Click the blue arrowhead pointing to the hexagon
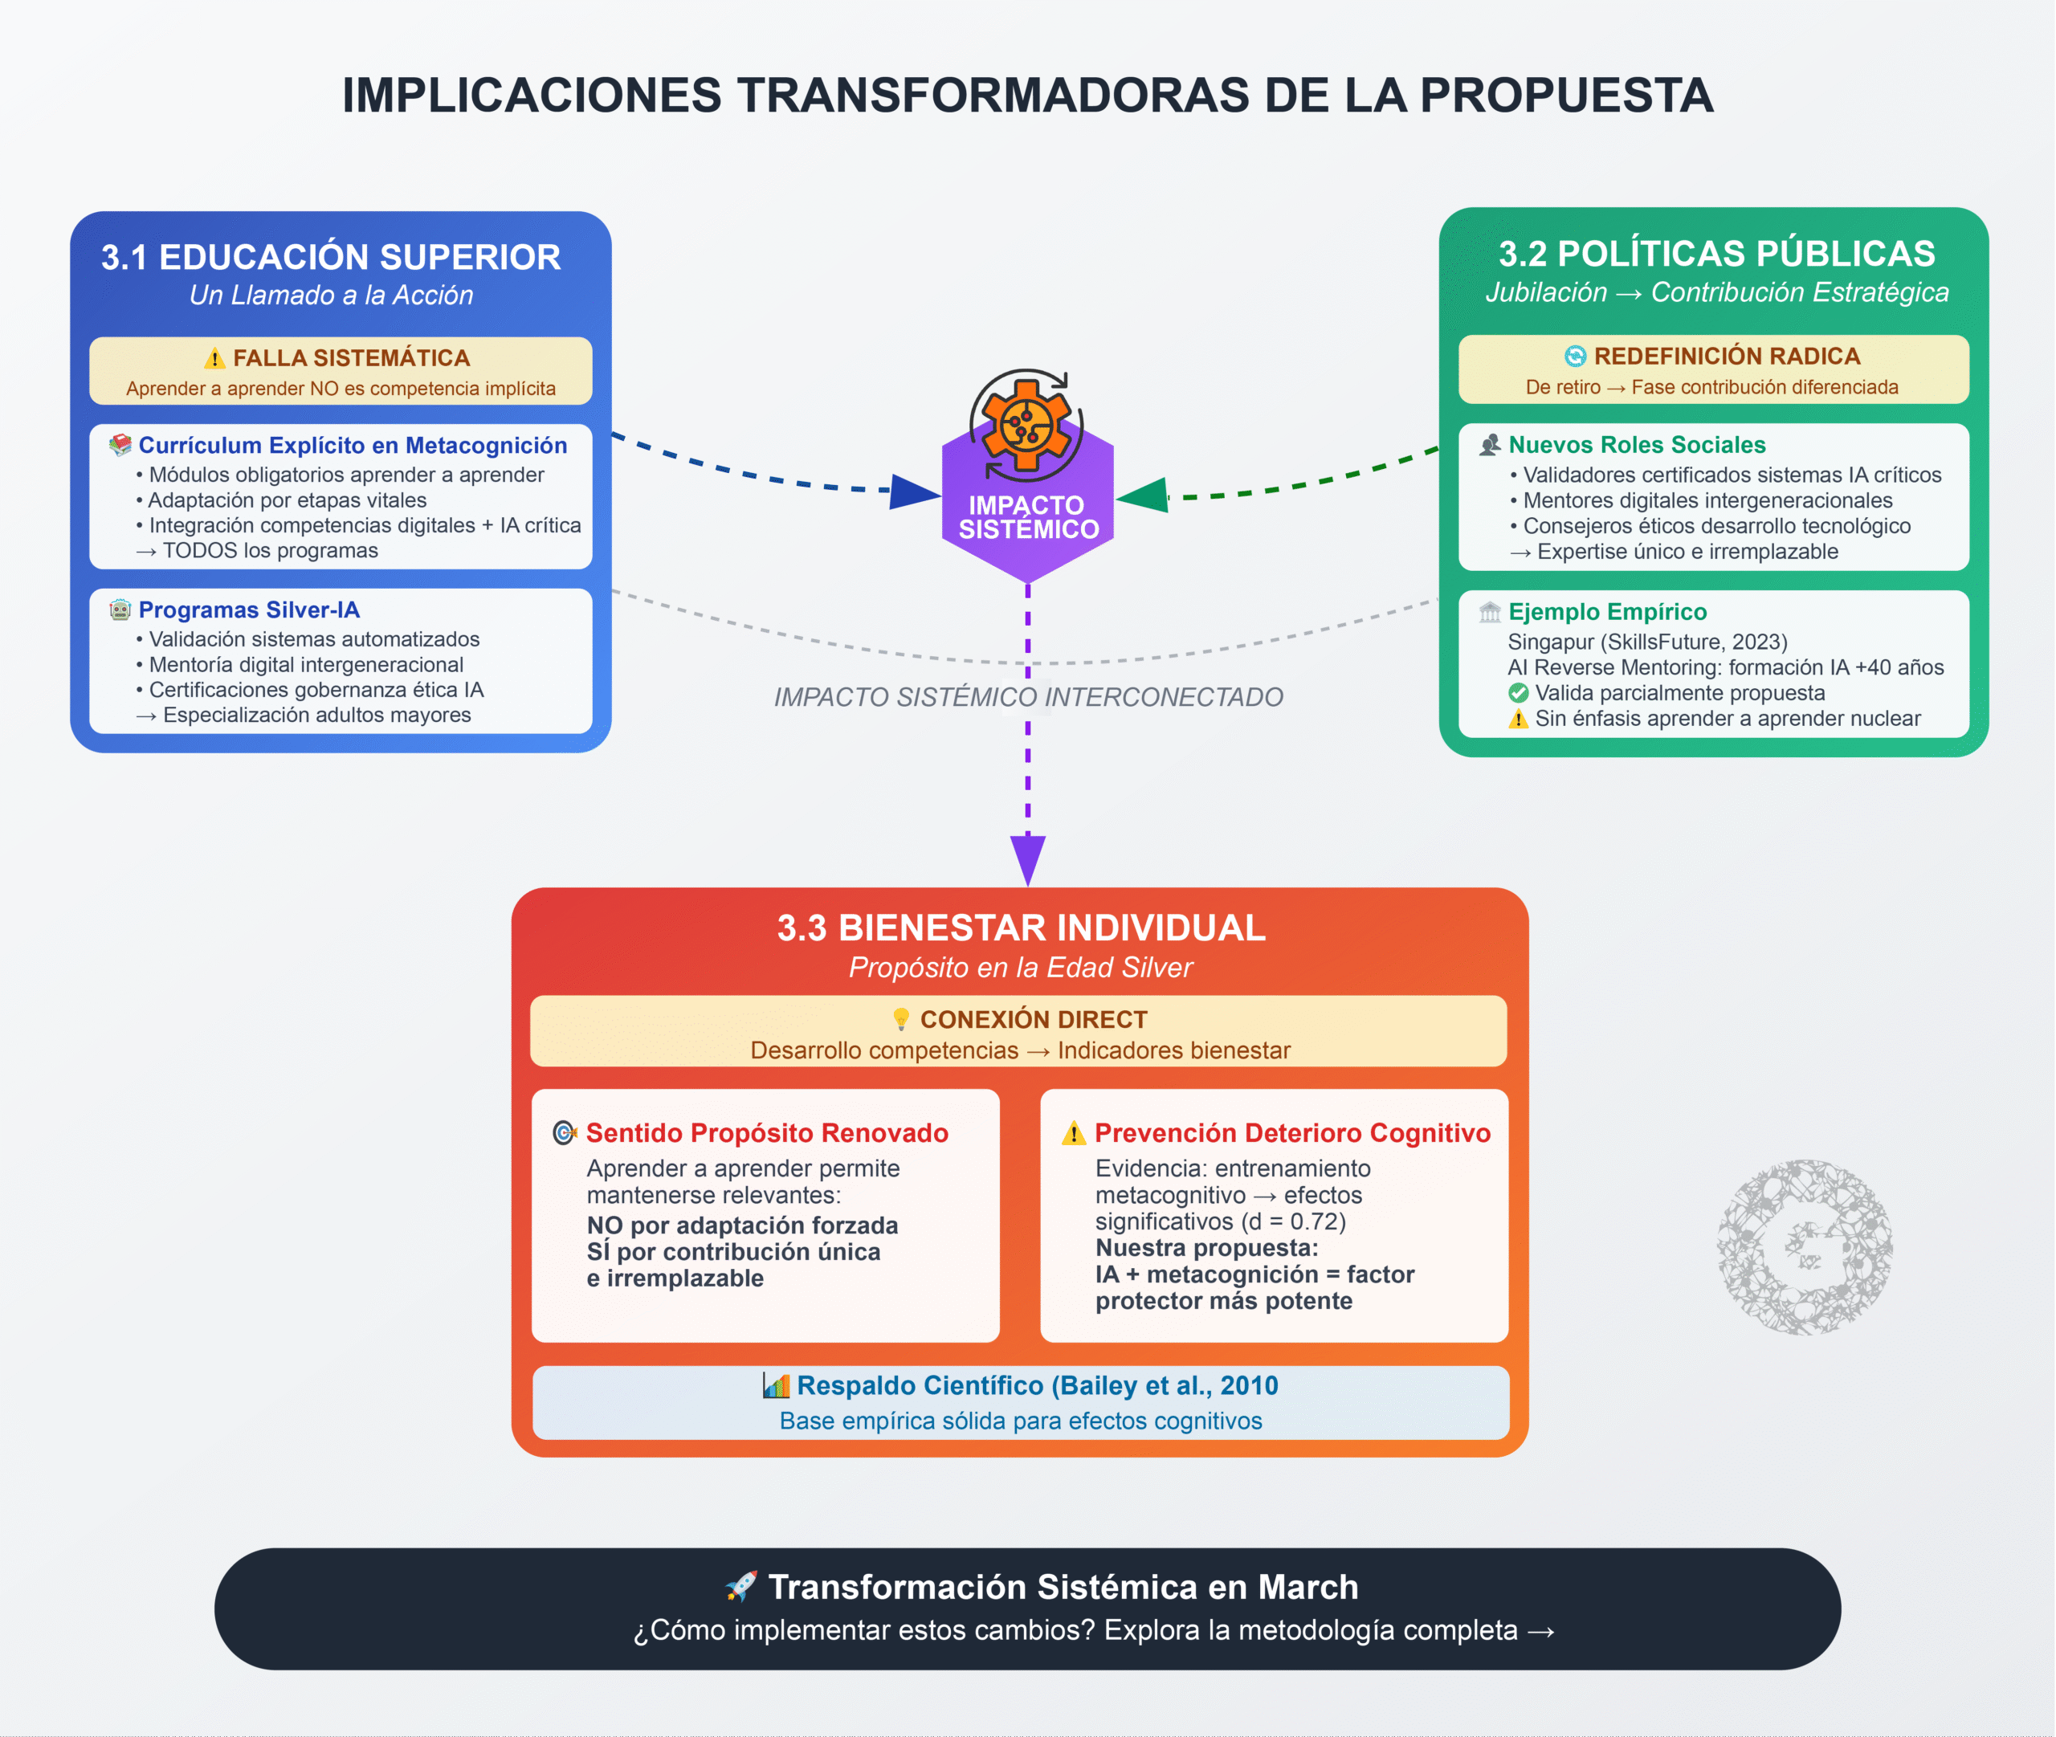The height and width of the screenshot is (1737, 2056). tap(914, 491)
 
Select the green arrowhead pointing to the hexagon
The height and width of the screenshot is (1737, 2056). tap(1142, 495)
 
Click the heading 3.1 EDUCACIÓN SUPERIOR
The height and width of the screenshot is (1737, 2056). tap(331, 257)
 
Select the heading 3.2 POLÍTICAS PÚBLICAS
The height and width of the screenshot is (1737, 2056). tap(1716, 254)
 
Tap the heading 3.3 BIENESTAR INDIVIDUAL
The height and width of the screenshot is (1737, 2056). tap(1021, 928)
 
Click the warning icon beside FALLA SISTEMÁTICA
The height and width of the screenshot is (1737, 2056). tap(214, 358)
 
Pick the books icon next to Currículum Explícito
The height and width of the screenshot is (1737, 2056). tap(120, 445)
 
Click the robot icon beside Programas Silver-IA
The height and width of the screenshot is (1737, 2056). tap(120, 610)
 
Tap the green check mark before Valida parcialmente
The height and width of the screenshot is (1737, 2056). tap(1519, 693)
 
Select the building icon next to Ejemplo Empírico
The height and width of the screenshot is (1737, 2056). tap(1490, 613)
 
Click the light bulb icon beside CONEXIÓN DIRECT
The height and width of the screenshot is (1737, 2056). tap(901, 1019)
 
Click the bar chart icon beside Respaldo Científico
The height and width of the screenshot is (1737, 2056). tap(776, 1386)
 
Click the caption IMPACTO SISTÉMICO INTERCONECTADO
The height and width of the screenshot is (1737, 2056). tap(1028, 697)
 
